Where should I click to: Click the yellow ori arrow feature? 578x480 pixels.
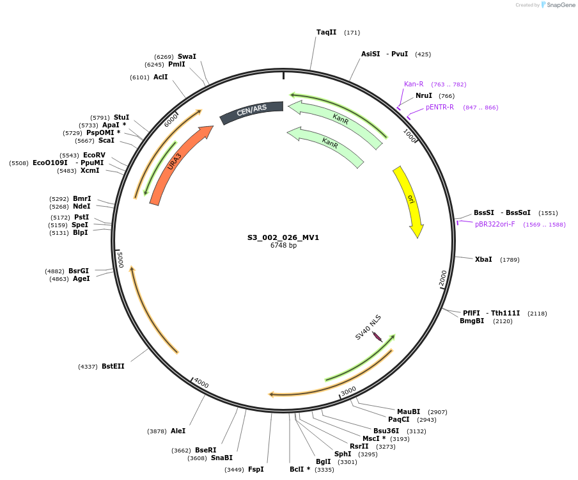click(410, 200)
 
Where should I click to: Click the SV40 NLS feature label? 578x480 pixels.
click(368, 326)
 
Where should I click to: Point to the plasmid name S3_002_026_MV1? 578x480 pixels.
click(283, 237)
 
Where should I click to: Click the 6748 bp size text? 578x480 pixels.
click(283, 246)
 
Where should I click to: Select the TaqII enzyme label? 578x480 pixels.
click(326, 32)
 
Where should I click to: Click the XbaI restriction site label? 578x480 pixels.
click(483, 259)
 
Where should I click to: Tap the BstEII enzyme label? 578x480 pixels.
click(113, 366)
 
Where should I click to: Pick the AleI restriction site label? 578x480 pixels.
click(178, 431)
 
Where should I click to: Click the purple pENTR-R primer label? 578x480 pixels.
click(440, 107)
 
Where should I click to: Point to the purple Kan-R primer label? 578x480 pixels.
click(414, 84)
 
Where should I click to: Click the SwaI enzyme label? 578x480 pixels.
click(187, 56)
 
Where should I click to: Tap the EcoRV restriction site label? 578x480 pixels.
click(94, 155)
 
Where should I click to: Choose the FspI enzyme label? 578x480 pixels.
click(256, 469)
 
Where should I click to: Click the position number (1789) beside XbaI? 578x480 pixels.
click(510, 260)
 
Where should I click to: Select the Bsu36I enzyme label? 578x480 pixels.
click(386, 431)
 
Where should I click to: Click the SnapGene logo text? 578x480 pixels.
click(561, 5)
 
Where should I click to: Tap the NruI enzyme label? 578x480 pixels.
click(424, 95)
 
